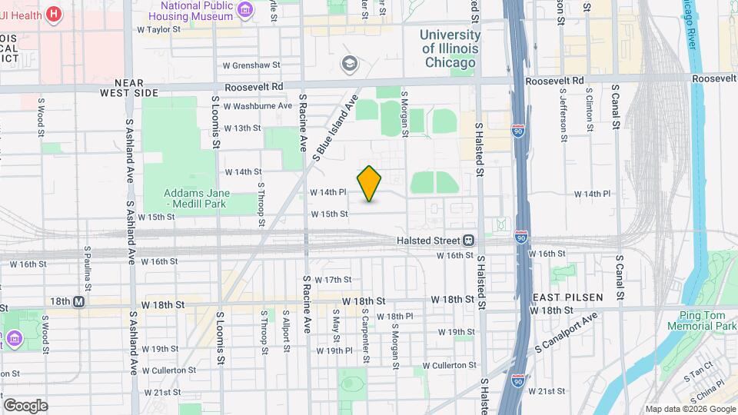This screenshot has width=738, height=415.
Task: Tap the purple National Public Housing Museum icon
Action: (245, 8)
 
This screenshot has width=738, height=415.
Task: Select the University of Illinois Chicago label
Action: (450, 48)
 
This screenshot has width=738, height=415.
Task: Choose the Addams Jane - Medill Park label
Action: (198, 200)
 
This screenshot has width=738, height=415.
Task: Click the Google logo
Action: (25, 405)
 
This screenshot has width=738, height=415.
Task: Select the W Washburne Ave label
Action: (258, 105)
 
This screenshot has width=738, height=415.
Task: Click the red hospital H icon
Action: (53, 13)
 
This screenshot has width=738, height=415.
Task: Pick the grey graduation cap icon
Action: (351, 63)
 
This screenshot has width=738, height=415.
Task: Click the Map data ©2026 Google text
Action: (690, 408)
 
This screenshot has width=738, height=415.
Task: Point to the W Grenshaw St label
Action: (251, 66)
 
